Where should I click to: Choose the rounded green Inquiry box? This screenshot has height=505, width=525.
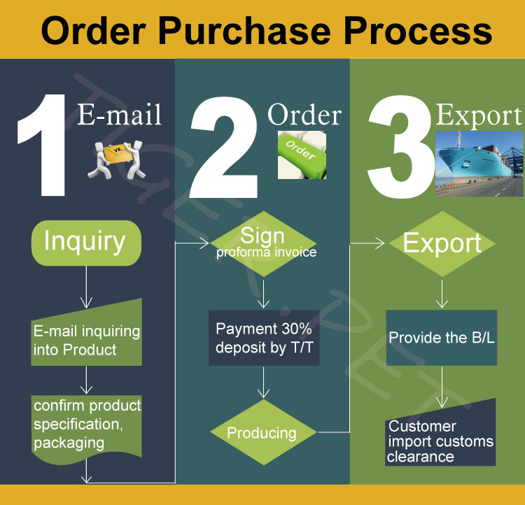pos(86,241)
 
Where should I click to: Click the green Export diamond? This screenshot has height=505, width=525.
pos(442,243)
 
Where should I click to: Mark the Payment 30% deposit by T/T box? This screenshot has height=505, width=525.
pos(264,338)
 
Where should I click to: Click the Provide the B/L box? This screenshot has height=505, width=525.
pos(442,338)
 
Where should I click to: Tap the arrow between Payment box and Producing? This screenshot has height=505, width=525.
pos(264,383)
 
